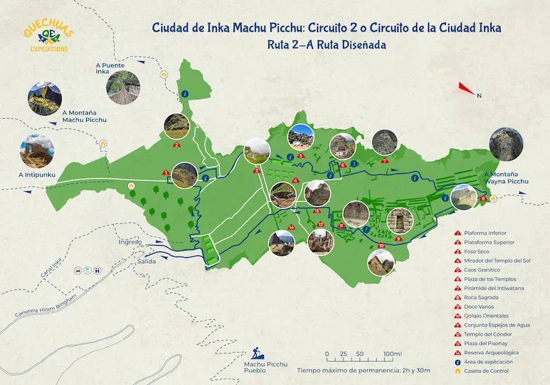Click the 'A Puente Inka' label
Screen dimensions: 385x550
tap(110, 68)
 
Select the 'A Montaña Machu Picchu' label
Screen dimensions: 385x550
tap(84, 116)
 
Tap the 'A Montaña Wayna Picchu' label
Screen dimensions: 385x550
tap(506, 177)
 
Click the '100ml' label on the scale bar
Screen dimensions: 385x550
tap(392, 354)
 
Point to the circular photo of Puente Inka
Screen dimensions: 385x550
tap(125, 87)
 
